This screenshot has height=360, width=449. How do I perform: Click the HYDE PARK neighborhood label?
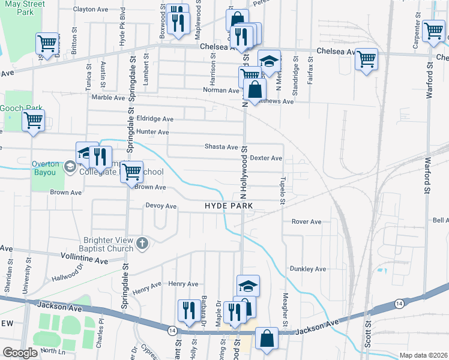point(229,206)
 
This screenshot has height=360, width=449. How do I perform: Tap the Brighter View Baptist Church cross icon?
point(141,242)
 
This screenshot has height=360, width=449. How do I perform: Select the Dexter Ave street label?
point(266,158)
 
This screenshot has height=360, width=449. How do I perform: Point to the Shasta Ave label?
point(221,147)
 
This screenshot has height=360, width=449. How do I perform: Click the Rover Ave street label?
point(306,222)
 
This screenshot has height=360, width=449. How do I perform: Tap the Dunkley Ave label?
point(307,269)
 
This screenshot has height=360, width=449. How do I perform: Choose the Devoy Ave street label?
point(161,206)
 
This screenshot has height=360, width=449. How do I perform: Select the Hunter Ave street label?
point(152,132)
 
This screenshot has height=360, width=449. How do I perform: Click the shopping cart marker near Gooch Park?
point(33,120)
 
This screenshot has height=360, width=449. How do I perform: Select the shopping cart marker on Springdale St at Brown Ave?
point(131,172)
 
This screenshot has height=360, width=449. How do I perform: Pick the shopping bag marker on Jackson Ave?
point(266,338)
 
